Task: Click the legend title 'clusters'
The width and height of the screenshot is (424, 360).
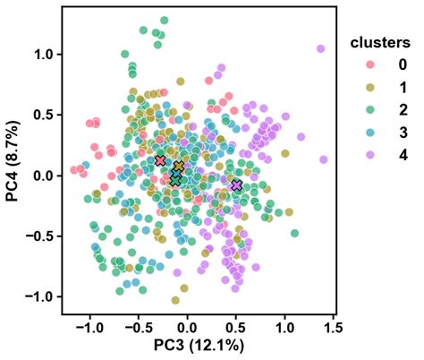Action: (379, 43)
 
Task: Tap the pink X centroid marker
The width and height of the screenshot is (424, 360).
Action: (160, 160)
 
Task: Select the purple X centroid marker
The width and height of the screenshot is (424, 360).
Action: (236, 184)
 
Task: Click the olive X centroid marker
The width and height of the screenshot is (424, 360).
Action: (179, 167)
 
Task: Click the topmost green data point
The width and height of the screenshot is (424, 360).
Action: (164, 20)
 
